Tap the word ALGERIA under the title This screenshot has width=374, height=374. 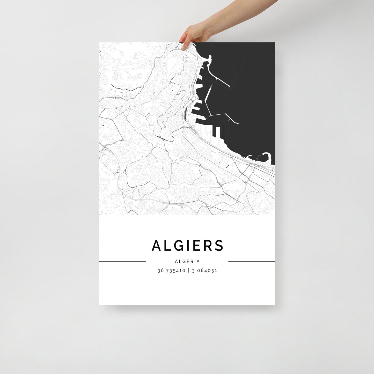pos(187,262)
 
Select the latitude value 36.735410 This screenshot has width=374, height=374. pos(171,271)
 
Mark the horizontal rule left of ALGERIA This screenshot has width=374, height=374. pos(122,261)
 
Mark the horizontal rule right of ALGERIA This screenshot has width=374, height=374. pos(251,261)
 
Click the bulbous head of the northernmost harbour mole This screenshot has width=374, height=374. pos(209,57)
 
